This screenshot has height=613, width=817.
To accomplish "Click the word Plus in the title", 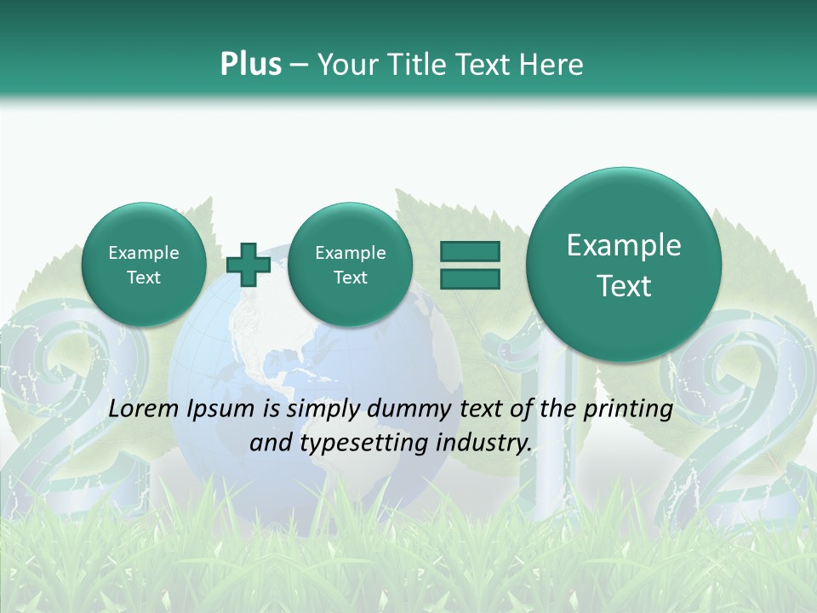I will tap(250, 64).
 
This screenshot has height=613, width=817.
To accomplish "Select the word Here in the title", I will tap(552, 64).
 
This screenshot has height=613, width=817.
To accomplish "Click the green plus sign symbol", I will tap(249, 264).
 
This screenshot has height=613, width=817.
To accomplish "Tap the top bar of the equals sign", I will tap(469, 251).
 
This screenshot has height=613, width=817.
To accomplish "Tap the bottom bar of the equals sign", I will tap(469, 278).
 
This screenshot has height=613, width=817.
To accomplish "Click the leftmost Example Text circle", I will tap(144, 265).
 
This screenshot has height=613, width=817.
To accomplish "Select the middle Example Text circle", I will tap(350, 265).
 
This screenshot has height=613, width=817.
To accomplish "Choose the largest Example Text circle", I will tap(624, 265).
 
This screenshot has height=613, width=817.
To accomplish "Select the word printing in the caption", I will tap(627, 409).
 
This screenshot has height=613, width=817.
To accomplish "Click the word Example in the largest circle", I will tap(624, 245).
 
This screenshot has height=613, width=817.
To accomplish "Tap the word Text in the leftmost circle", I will tap(144, 278).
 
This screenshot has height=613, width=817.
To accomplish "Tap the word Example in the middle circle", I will tap(350, 253).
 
